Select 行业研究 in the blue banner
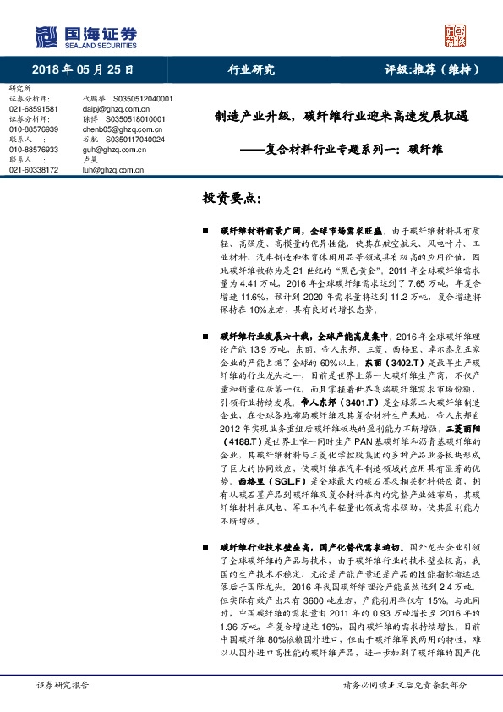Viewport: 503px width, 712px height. (x=251, y=70)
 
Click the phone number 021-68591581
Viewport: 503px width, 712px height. (x=34, y=109)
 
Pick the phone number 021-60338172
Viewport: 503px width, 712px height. (x=34, y=170)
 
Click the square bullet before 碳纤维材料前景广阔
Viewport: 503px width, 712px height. (x=205, y=230)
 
